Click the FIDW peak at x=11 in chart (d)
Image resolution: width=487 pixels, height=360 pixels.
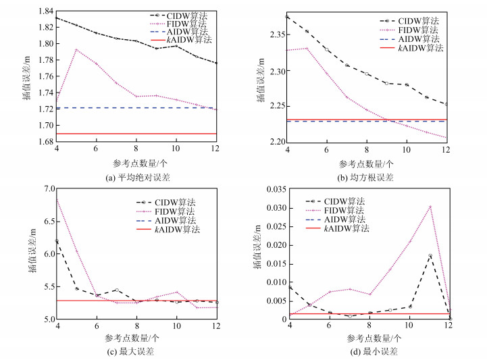coord(430,206)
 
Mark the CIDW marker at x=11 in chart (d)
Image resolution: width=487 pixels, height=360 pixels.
coord(430,255)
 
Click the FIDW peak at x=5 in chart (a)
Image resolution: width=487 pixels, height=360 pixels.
coord(76,49)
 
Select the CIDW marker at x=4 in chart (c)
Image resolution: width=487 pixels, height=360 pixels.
coord(56,241)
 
